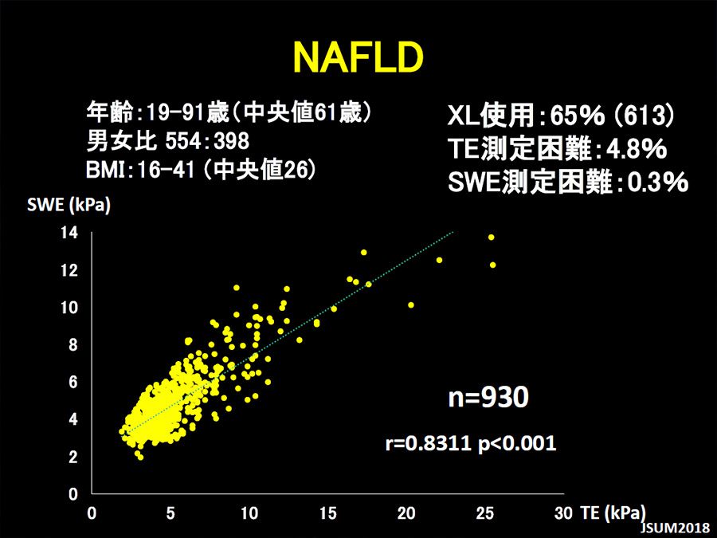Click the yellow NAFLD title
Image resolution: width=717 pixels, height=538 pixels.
point(358,57)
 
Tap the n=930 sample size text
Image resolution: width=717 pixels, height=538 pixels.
point(488,397)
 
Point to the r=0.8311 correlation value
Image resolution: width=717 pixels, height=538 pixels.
point(428,442)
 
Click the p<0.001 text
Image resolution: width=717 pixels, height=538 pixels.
point(517,443)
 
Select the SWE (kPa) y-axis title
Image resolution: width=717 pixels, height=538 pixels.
point(69,205)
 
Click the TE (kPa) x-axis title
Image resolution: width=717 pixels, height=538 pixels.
point(613,513)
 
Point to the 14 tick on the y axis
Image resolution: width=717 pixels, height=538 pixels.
point(69,233)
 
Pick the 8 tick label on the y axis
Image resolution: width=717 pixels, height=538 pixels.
point(73,344)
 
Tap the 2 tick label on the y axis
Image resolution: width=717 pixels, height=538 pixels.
point(73,456)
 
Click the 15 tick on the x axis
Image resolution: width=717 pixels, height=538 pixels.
point(328,513)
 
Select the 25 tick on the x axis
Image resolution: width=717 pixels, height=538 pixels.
point(485,513)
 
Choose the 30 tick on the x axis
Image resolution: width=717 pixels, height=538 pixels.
point(564,513)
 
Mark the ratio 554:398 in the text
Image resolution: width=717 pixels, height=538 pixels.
point(207,141)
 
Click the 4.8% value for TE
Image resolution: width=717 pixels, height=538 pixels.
point(636,149)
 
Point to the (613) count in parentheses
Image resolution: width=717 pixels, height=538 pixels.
point(644,115)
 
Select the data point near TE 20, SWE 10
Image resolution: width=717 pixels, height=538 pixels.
point(410,304)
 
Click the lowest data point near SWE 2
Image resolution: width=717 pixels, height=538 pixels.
point(140,457)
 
